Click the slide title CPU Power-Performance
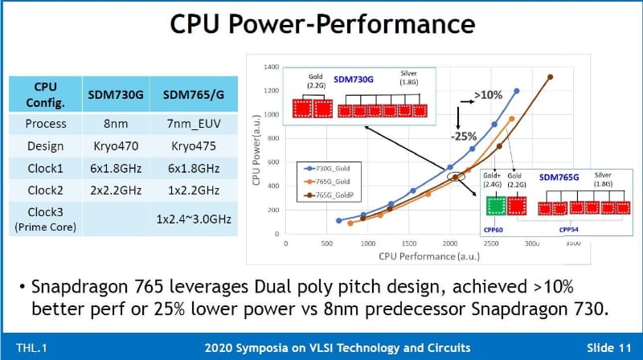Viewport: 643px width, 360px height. pyautogui.click(x=321, y=26)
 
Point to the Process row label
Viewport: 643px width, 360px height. pyautogui.click(x=46, y=125)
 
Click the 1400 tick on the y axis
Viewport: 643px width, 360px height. pyautogui.click(x=269, y=67)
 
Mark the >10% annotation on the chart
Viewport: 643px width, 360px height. pyautogui.click(x=489, y=95)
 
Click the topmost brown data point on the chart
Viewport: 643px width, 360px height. pyautogui.click(x=550, y=78)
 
